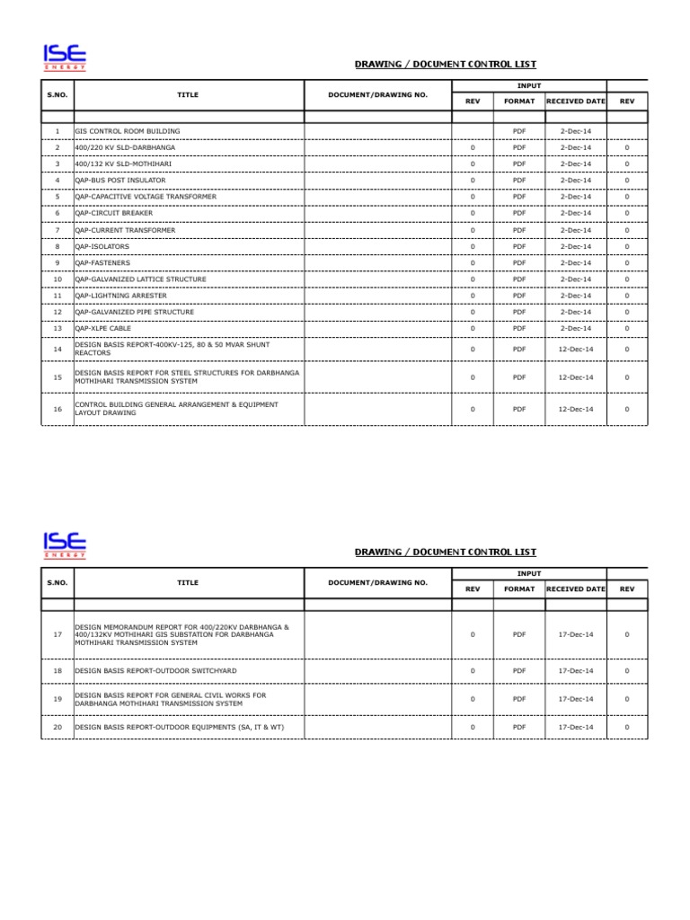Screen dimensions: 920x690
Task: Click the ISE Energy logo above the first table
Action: pos(64,57)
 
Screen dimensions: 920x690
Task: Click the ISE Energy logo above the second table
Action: pos(64,545)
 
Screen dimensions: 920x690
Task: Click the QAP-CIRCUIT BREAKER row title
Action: pos(113,213)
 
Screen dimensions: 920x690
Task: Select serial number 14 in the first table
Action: pos(57,349)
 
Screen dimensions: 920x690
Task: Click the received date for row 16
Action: pos(576,410)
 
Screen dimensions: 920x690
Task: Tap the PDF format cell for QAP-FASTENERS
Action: pos(518,263)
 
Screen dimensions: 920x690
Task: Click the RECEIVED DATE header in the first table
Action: pos(576,102)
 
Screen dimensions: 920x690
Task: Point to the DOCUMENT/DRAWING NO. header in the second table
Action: pos(377,582)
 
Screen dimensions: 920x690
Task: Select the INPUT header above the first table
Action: pos(530,85)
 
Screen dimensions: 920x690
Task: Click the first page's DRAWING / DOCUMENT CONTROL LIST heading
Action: pos(445,65)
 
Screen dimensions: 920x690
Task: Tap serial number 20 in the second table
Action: pos(57,727)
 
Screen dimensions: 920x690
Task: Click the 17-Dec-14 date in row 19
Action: pos(576,699)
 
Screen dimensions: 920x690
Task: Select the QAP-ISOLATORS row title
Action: pos(102,246)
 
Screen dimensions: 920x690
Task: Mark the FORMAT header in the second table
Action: pos(518,589)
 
